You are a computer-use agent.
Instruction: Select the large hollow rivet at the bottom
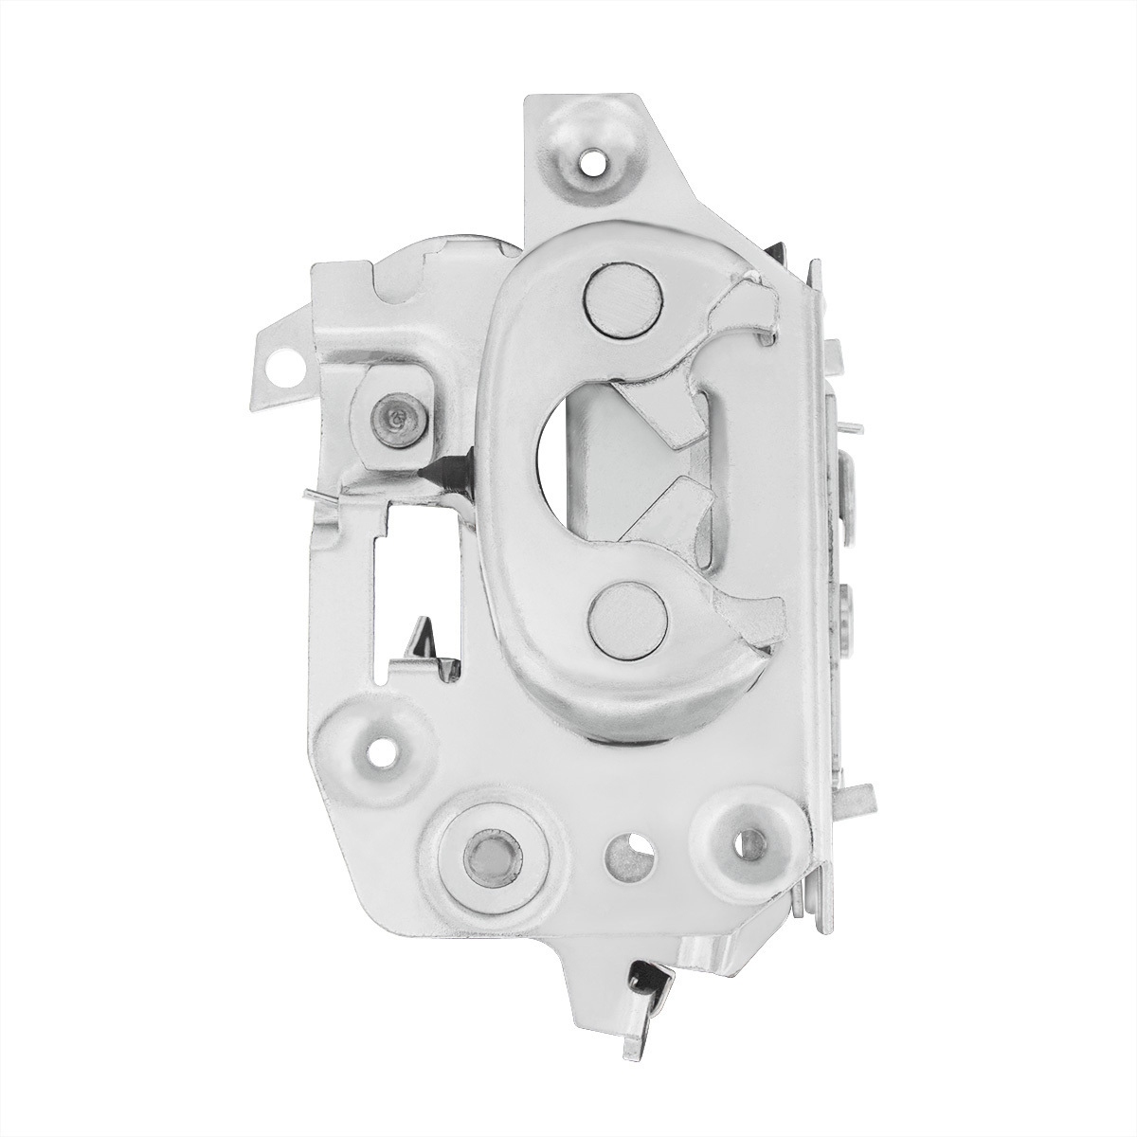pyautogui.click(x=488, y=857)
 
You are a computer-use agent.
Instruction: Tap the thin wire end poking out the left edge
pyautogui.click(x=316, y=494)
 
